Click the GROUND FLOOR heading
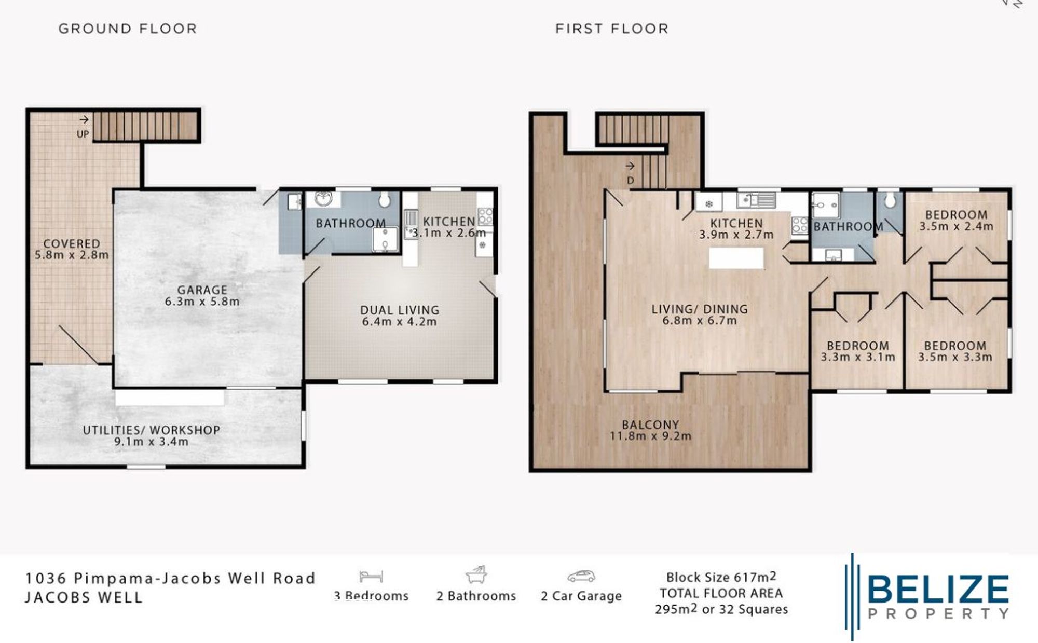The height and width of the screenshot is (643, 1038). (128, 29)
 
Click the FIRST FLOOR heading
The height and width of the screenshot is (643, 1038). (612, 29)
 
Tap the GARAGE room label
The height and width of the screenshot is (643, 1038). (202, 290)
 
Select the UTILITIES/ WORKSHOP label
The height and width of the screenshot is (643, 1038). (152, 430)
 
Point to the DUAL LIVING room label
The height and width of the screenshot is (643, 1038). (400, 310)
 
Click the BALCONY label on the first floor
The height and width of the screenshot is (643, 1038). (650, 425)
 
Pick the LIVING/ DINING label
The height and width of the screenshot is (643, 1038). (700, 309)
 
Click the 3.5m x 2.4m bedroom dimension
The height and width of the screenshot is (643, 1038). (956, 227)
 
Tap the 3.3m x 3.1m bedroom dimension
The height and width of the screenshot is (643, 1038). (857, 358)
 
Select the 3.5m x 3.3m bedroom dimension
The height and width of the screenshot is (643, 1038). (955, 358)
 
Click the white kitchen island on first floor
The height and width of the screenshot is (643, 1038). (736, 258)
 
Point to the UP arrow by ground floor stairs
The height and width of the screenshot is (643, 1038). (84, 120)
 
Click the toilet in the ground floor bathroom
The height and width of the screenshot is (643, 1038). (385, 200)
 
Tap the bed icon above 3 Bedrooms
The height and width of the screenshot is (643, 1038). (371, 576)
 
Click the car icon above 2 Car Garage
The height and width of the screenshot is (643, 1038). (581, 576)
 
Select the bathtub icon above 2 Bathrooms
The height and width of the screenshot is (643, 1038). (476, 575)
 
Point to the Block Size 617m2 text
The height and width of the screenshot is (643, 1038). (721, 577)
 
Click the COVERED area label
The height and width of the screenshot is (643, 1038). (72, 243)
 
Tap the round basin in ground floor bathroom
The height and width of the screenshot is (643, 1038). (323, 198)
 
